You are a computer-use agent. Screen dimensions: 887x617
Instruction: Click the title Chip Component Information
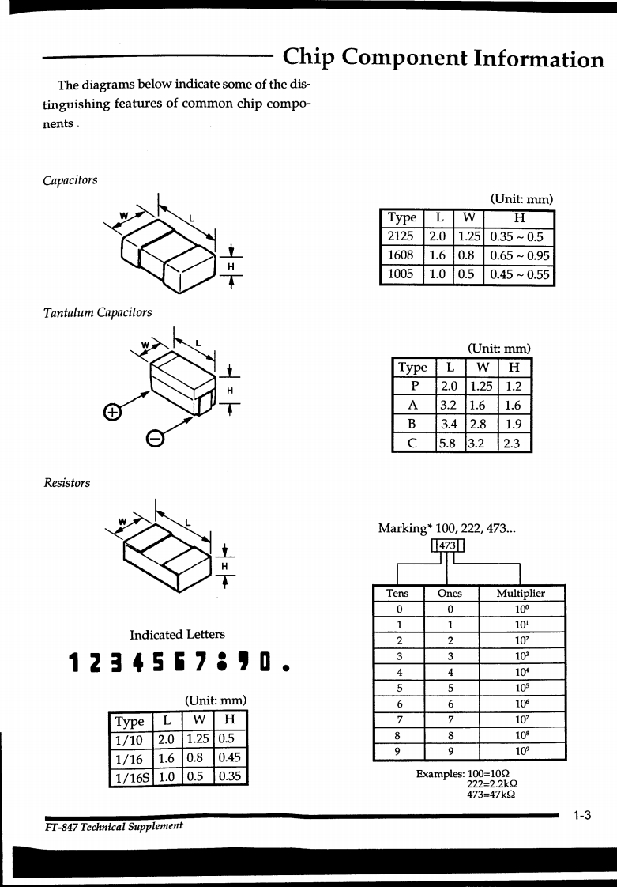click(443, 58)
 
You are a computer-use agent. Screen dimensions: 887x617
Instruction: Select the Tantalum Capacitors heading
click(98, 312)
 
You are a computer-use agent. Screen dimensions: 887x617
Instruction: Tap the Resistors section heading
click(67, 483)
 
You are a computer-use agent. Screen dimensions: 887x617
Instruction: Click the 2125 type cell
click(401, 236)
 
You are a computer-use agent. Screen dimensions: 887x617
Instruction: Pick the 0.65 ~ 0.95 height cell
click(519, 255)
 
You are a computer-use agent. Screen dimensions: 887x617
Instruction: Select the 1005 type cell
click(401, 274)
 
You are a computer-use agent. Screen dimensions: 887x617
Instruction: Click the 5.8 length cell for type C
click(448, 443)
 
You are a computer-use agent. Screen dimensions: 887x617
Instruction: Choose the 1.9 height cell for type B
click(514, 424)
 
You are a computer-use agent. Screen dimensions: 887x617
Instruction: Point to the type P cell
click(412, 386)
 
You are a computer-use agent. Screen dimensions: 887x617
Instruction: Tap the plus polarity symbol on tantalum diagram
click(113, 413)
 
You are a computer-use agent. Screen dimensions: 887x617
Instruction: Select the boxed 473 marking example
click(448, 545)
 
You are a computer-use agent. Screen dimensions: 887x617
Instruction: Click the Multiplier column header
click(521, 593)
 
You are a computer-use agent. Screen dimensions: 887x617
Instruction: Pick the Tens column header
click(397, 593)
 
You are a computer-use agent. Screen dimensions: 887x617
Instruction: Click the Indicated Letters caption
click(177, 634)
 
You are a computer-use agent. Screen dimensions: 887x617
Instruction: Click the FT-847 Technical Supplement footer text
click(114, 825)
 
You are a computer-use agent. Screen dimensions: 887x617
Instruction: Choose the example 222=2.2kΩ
click(492, 784)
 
